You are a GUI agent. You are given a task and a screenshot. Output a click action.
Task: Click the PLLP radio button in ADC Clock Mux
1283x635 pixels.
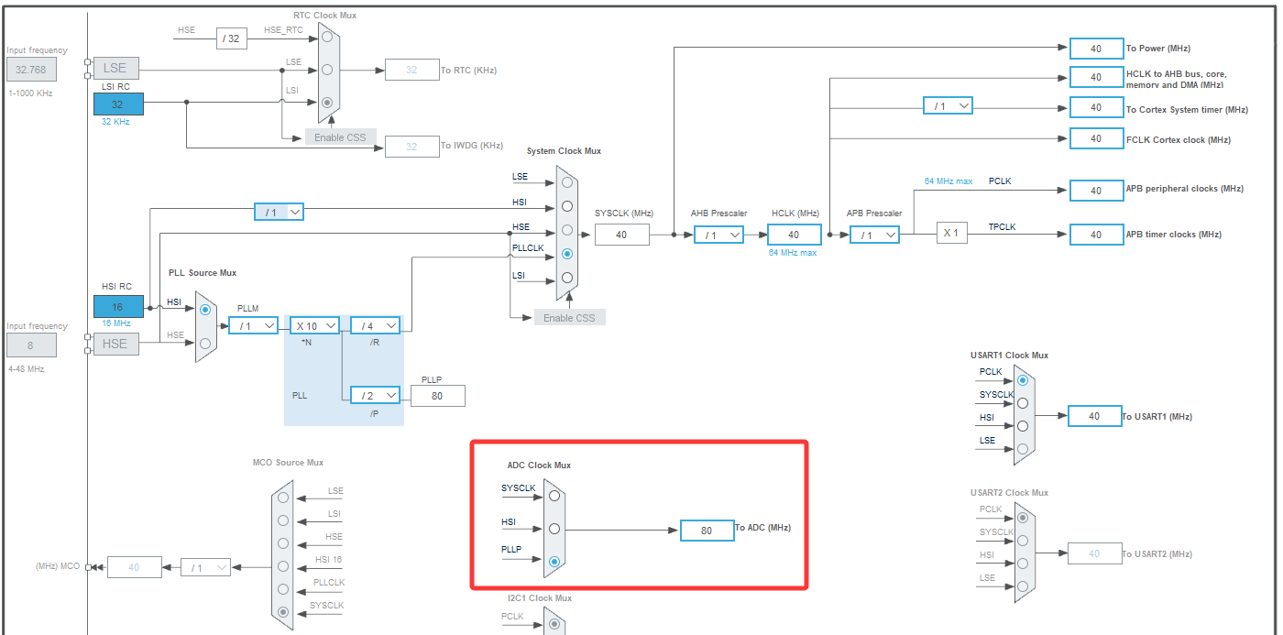coord(554,561)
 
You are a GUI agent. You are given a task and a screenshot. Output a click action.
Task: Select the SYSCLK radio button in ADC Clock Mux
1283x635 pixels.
coord(554,496)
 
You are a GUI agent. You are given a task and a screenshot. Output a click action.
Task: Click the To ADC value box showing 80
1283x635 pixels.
coord(707,531)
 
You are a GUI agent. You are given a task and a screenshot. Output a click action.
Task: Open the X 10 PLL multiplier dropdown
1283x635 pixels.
coord(316,325)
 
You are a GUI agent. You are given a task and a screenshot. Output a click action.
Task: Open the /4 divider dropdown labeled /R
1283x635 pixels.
coord(376,325)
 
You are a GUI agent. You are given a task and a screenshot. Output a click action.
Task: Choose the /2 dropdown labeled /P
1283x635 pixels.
coord(376,395)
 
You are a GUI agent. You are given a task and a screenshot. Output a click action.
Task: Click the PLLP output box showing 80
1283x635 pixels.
coord(437,396)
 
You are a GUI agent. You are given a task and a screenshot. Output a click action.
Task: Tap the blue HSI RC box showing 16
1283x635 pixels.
coord(118,307)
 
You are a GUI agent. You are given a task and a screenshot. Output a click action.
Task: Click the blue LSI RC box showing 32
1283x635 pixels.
coord(118,104)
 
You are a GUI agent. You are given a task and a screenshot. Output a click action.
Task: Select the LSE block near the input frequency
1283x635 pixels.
coord(115,68)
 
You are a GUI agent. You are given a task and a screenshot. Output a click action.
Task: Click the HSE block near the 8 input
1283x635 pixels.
coord(115,344)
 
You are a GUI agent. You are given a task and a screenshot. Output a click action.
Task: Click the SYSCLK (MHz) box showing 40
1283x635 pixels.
coord(621,235)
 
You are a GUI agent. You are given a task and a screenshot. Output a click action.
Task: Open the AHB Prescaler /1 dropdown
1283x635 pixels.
coord(718,235)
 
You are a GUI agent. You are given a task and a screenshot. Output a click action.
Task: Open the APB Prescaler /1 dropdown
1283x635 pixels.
coord(874,235)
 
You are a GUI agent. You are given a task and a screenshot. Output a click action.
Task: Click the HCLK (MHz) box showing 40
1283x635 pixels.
coord(794,235)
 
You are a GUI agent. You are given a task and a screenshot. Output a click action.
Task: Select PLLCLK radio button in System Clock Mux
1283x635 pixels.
coord(567,254)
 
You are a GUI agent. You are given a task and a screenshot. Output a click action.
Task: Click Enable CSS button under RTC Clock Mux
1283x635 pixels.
coord(340,137)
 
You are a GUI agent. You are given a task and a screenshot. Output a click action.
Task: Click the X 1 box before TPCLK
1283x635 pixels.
coord(951,233)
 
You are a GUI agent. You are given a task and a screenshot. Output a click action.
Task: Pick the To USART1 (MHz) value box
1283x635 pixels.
coord(1094,416)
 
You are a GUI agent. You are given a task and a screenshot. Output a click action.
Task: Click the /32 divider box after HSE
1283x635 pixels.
coord(232,38)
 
